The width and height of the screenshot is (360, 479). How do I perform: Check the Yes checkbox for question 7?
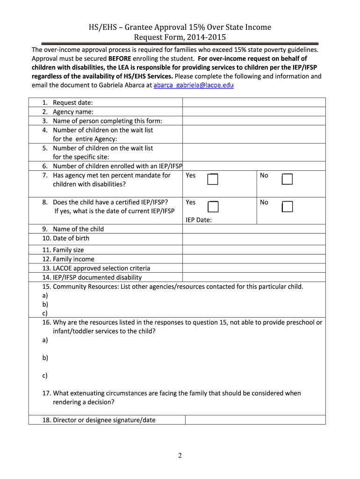click(x=213, y=179)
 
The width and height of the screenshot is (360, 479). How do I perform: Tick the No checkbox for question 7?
click(x=287, y=179)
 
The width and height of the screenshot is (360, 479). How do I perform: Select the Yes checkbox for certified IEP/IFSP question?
click(x=213, y=206)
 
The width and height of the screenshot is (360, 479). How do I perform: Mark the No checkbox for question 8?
click(x=287, y=206)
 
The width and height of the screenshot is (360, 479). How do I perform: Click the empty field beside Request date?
click(x=253, y=102)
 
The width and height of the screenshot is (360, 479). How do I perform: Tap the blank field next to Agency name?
click(x=253, y=112)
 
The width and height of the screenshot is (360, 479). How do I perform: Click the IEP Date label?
click(x=199, y=220)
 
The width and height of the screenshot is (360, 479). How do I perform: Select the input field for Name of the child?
click(x=253, y=229)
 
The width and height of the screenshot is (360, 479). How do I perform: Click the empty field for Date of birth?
click(x=253, y=239)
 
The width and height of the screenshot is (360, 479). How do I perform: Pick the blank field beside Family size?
click(x=253, y=250)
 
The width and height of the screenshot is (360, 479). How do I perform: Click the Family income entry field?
click(x=253, y=259)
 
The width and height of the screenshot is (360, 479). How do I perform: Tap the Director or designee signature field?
click(x=255, y=420)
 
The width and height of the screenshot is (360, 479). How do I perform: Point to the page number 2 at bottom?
click(x=180, y=456)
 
